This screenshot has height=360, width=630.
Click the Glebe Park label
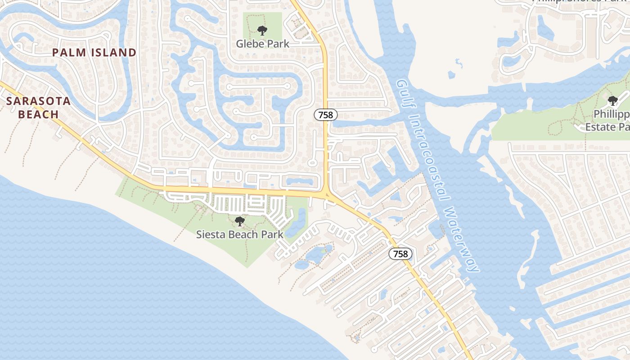263,44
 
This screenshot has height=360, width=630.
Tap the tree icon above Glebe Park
262,31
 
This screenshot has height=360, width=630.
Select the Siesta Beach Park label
240,234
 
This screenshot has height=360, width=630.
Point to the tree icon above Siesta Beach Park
240,221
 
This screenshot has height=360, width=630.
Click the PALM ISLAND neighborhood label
94,53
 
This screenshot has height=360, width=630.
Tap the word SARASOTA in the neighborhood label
39,101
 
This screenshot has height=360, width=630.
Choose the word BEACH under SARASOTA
39,114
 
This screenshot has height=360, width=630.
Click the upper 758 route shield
325,115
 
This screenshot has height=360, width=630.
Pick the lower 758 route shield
400,254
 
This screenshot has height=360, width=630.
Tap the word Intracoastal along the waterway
429,158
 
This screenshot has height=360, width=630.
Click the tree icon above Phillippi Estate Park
612,100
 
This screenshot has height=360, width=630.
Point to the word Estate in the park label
601,127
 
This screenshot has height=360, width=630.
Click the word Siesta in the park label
211,234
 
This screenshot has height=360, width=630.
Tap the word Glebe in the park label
249,44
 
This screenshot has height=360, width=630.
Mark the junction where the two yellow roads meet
327,194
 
